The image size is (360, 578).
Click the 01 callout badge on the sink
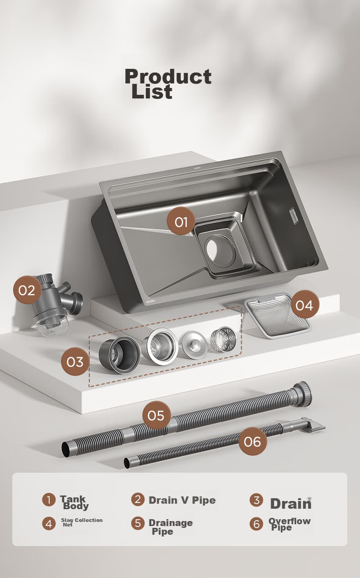181,221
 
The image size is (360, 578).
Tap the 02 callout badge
27,290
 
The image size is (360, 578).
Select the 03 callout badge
75,361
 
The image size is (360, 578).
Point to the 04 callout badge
305,304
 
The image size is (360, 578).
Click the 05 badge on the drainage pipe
156,415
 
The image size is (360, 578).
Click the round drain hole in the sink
220,249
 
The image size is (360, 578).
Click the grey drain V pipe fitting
57,304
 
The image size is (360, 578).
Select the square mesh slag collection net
277,315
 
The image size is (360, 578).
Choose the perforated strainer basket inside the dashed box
223,339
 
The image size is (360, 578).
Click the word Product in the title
168,77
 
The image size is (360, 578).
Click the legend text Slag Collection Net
82,522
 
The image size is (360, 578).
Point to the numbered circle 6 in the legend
257,524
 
